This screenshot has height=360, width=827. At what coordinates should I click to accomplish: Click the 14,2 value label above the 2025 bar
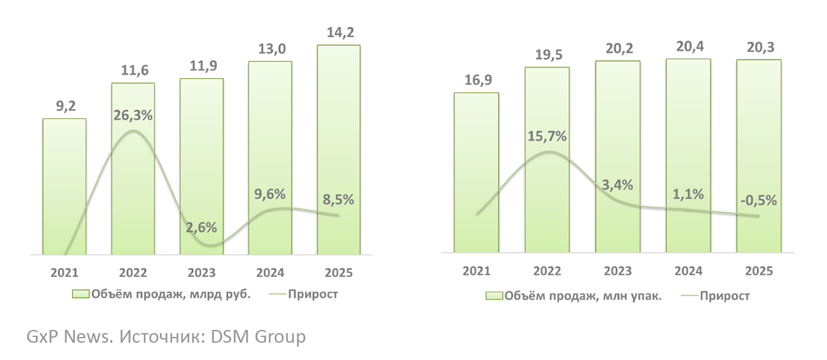click(x=339, y=33)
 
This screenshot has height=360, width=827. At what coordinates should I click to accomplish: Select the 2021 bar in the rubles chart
click(x=64, y=185)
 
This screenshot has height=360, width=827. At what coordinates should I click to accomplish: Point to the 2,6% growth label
click(x=201, y=227)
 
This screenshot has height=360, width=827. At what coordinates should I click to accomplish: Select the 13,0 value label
click(x=270, y=49)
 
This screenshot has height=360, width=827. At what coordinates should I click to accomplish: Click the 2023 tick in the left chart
click(x=201, y=272)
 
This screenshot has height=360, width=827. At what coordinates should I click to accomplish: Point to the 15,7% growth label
click(x=547, y=136)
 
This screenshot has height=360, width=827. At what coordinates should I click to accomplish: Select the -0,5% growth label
click(x=758, y=200)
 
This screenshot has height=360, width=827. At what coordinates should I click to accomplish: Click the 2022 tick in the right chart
click(x=547, y=271)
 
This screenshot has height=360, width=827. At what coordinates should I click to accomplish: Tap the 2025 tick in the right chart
click(x=759, y=271)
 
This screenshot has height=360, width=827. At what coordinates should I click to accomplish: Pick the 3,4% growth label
click(x=617, y=185)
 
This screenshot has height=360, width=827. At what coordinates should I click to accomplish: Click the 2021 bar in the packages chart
click(x=477, y=173)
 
